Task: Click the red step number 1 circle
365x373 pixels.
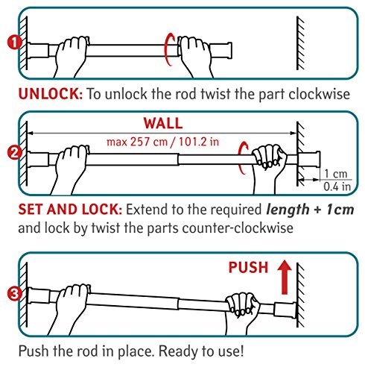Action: pos(15,43)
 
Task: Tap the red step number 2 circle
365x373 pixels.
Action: pos(15,153)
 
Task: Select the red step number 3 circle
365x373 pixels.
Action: pos(15,294)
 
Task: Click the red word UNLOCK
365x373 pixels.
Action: pos(51,94)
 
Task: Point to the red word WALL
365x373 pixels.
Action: pos(163,123)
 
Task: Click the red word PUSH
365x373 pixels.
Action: pos(248,268)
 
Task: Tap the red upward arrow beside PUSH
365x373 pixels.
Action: pos(285,278)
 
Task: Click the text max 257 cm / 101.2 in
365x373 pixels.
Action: pos(163,142)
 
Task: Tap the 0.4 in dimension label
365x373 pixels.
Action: pos(337,186)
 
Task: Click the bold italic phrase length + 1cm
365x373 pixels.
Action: pos(310,210)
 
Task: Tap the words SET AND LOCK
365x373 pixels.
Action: pos(70,210)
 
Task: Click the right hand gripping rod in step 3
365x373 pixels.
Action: pos(242,311)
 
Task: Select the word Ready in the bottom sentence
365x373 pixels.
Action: pos(178,351)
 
